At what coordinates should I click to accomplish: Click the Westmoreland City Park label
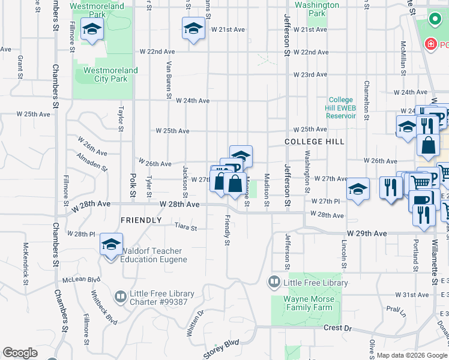(x=110, y=74)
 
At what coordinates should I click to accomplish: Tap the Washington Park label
(x=317, y=9)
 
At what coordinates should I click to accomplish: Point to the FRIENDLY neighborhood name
(x=141, y=220)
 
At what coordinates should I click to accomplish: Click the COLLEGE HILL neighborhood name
(x=314, y=142)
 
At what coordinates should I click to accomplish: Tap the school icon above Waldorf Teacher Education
(x=111, y=245)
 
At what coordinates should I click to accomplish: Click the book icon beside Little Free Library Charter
(x=120, y=296)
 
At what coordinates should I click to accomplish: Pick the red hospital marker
(x=430, y=44)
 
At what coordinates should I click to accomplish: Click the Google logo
(x=20, y=353)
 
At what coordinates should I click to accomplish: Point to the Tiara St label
(x=185, y=227)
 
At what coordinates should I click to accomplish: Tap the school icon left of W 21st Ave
(x=193, y=28)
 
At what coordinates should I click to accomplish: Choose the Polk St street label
(x=133, y=186)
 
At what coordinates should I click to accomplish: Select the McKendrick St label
(x=26, y=259)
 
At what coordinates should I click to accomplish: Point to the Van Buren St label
(x=169, y=80)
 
